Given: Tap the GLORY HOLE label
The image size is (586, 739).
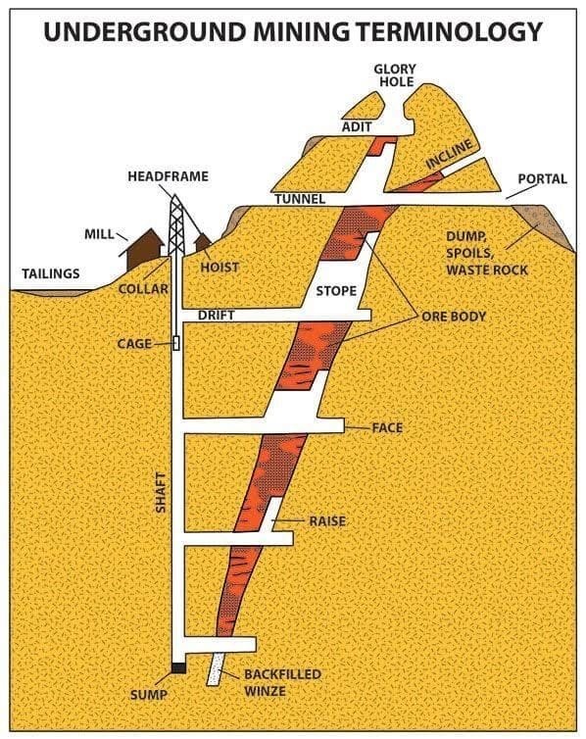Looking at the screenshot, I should pos(395,76).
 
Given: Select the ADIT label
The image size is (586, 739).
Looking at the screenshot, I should pos(356,127).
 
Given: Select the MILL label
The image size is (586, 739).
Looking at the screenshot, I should pos(98,235).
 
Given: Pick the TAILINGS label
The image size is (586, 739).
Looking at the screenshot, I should pos(51,272).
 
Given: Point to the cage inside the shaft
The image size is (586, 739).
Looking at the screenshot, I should pos(176,343).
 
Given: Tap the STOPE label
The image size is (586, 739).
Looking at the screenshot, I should pos(336,291).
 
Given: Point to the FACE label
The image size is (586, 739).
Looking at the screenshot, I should pos(387,428).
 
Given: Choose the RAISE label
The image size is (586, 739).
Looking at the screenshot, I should pos(327,520).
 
